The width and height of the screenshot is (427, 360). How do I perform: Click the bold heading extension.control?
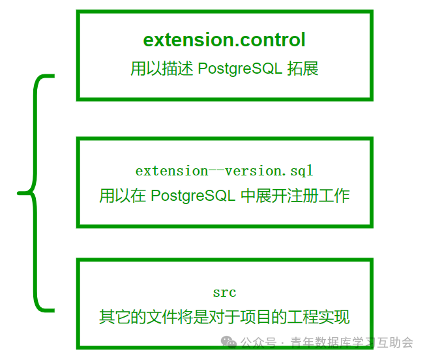pyautogui.click(x=224, y=40)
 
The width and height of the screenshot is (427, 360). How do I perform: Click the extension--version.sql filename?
pyautogui.click(x=224, y=171)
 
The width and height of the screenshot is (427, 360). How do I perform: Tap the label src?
pyautogui.click(x=224, y=293)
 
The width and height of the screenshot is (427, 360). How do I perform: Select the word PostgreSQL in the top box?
pyautogui.click(x=240, y=68)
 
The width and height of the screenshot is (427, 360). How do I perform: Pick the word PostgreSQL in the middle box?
pyautogui.click(x=193, y=196)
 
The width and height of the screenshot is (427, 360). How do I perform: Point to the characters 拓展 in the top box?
pyautogui.click(x=303, y=68)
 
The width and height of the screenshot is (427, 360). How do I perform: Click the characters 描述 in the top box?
pyautogui.click(x=178, y=68)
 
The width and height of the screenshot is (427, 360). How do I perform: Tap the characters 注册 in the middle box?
pyautogui.click(x=303, y=196)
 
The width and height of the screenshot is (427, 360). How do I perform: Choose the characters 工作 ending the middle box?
pyautogui.click(x=334, y=196)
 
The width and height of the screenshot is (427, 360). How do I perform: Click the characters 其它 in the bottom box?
pyautogui.click(x=115, y=317)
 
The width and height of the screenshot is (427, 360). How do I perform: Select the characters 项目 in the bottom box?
pyautogui.click(x=256, y=317)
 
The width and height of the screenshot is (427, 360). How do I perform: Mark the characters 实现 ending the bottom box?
pyautogui.click(x=334, y=317)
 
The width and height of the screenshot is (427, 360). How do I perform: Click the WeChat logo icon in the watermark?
pyautogui.click(x=228, y=342)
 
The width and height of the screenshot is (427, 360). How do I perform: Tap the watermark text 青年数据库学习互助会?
pyautogui.click(x=352, y=342)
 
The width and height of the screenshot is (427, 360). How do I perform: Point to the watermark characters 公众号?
pyautogui.click(x=258, y=342)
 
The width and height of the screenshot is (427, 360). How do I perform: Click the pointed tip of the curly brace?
pyautogui.click(x=18, y=193)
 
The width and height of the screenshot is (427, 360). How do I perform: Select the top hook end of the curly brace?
pyautogui.click(x=53, y=76)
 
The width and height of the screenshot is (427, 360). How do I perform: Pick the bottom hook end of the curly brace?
pyautogui.click(x=53, y=310)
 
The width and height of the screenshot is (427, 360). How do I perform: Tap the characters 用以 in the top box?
pyautogui.click(x=146, y=68)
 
